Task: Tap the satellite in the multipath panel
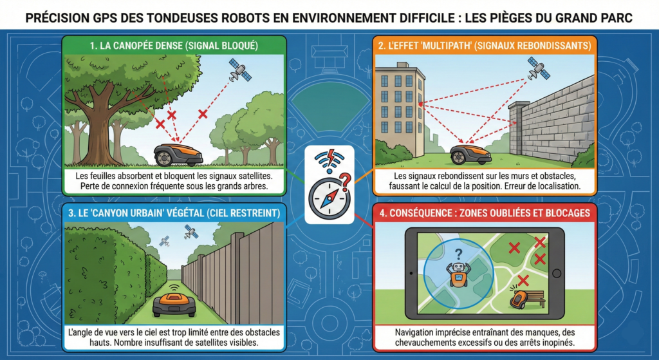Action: pyautogui.click(x=539, y=68)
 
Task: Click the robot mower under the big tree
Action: pyautogui.click(x=178, y=155)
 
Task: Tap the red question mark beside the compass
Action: pyautogui.click(x=345, y=182)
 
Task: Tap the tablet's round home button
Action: pyautogui.click(x=557, y=273)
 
